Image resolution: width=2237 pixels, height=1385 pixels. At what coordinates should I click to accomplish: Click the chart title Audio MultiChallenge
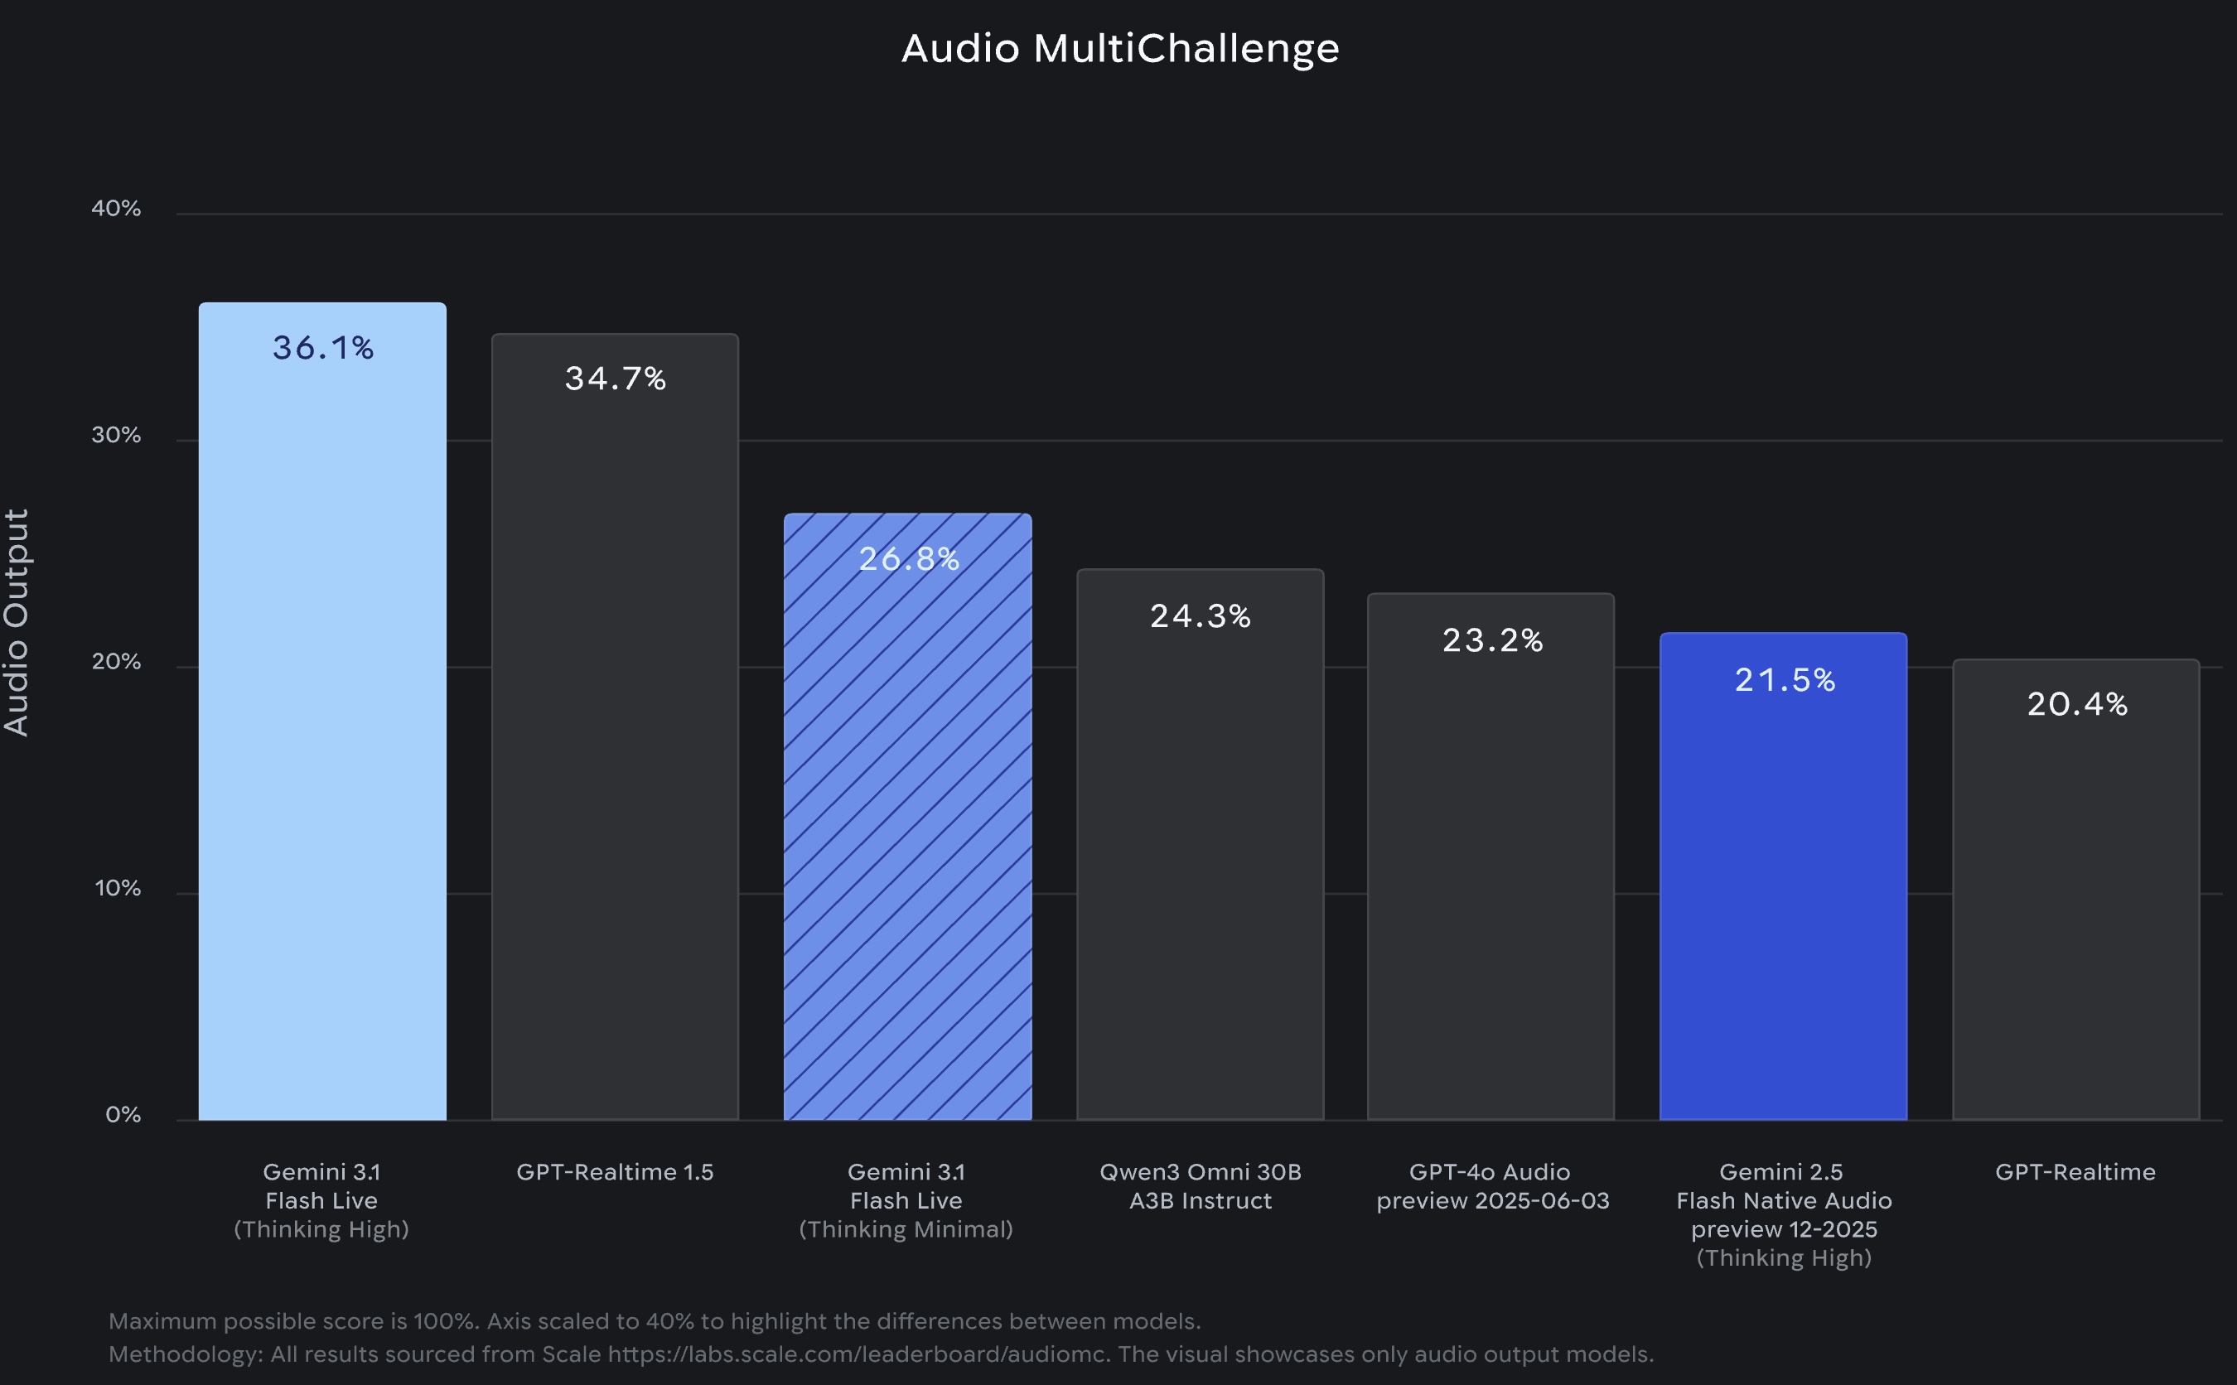[x=1119, y=48]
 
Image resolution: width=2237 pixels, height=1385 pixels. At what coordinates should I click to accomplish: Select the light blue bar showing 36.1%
[x=322, y=733]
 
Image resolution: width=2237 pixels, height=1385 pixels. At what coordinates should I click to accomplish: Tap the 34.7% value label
[x=615, y=379]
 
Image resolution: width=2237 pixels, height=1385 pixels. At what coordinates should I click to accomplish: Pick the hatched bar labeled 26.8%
[x=907, y=824]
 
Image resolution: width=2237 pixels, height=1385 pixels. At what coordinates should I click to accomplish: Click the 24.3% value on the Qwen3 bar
[x=1200, y=616]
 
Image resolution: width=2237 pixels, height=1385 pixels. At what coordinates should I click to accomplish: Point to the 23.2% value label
[x=1492, y=640]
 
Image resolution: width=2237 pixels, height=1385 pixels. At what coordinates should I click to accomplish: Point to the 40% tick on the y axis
[x=116, y=209]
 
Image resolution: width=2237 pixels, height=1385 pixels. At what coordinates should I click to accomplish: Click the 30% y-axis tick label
[x=116, y=435]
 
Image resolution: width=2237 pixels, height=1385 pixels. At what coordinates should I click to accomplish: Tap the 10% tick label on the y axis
[x=118, y=889]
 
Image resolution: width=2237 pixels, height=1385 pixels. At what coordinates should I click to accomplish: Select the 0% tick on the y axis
[x=123, y=1115]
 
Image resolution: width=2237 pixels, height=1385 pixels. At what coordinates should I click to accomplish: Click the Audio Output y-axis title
[x=17, y=622]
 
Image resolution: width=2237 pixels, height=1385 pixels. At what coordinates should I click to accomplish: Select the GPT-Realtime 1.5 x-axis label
[x=615, y=1171]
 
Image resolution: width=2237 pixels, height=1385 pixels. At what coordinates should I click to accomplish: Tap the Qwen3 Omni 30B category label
[x=1200, y=1171]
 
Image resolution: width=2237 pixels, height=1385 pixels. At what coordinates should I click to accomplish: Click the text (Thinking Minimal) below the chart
[x=906, y=1229]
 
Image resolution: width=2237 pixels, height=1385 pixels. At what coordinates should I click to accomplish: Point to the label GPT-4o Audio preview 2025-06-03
[x=1491, y=1186]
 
